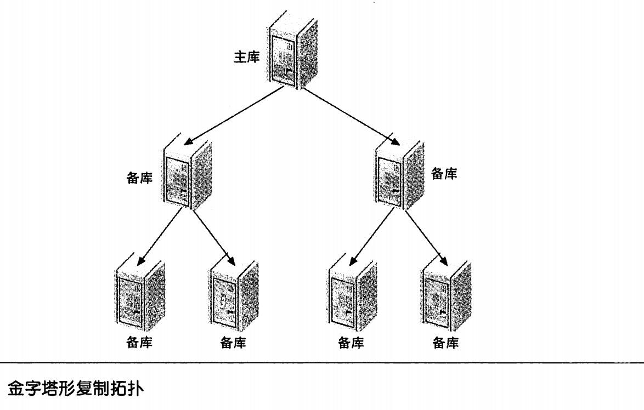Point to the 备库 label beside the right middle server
[x=444, y=174]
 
